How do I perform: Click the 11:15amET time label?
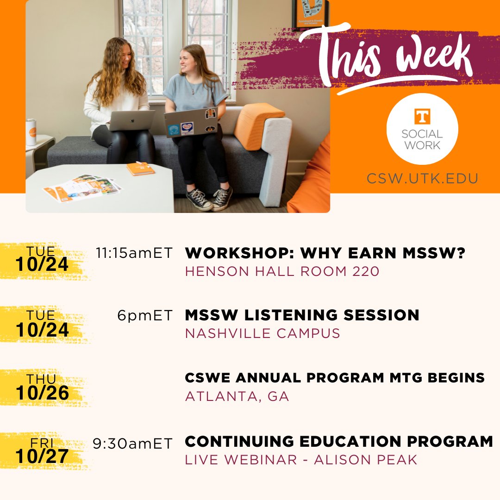[x=134, y=253]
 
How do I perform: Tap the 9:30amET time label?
[x=132, y=443]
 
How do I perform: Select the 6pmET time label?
[x=144, y=316]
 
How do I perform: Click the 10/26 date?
[x=42, y=393]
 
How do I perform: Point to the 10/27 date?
[x=42, y=456]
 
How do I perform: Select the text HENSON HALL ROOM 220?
[x=282, y=271]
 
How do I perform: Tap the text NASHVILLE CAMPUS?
[x=262, y=333]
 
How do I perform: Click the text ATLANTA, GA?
[x=237, y=396]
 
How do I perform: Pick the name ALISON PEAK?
[x=366, y=460]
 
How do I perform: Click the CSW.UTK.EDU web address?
[x=422, y=178]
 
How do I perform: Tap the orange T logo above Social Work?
[x=422, y=117]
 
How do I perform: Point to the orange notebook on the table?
[x=140, y=169]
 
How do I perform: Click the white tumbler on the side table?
[x=31, y=132]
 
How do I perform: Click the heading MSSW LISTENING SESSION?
[x=302, y=315]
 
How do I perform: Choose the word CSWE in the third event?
[x=206, y=378]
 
